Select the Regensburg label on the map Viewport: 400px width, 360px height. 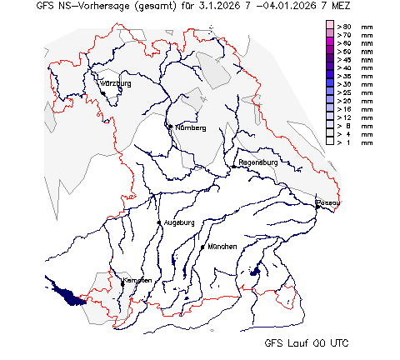point(257,162)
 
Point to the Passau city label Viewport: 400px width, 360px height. point(329,202)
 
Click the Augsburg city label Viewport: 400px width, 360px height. point(179,222)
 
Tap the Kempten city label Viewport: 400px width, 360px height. point(138,281)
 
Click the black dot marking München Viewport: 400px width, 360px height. point(202,247)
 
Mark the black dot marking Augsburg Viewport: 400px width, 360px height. point(159,222)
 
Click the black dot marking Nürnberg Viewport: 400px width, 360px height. point(169,127)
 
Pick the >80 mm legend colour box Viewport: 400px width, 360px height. point(330,27)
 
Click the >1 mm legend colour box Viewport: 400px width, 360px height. point(330,142)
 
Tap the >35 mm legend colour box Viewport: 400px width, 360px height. point(330,77)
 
